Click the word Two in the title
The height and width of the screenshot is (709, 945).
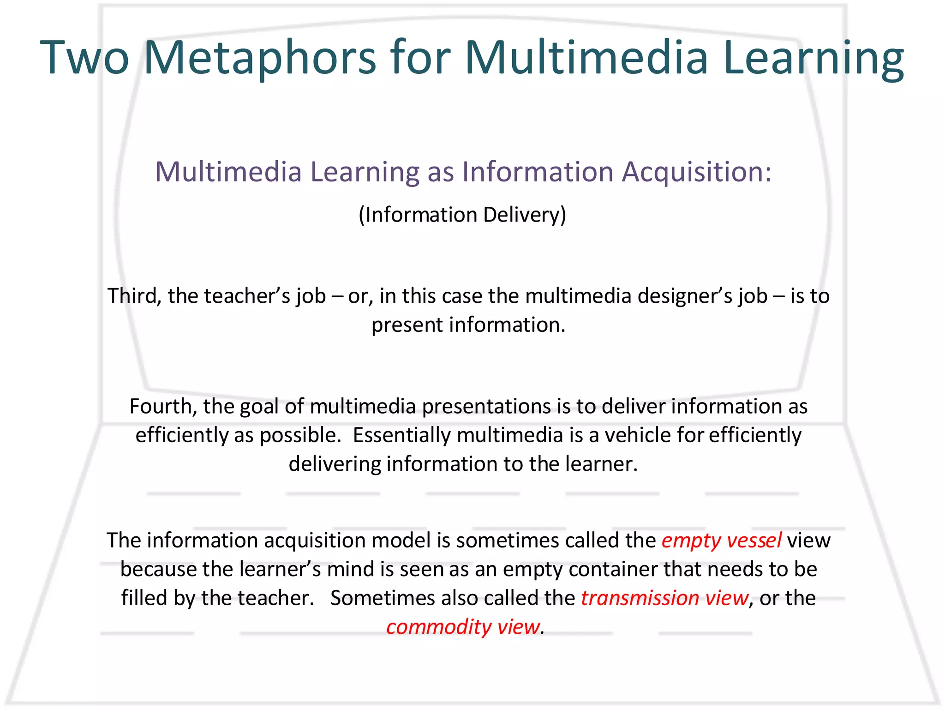(x=85, y=58)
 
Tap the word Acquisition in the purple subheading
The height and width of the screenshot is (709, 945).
(x=696, y=172)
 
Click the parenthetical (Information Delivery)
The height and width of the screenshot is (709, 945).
(x=462, y=215)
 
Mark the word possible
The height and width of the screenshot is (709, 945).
(x=300, y=435)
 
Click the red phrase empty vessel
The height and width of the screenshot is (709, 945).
(x=721, y=540)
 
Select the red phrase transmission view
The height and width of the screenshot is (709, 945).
(x=664, y=598)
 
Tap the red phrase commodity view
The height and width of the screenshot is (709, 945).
(x=462, y=627)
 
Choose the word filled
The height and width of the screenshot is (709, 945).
(x=144, y=598)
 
